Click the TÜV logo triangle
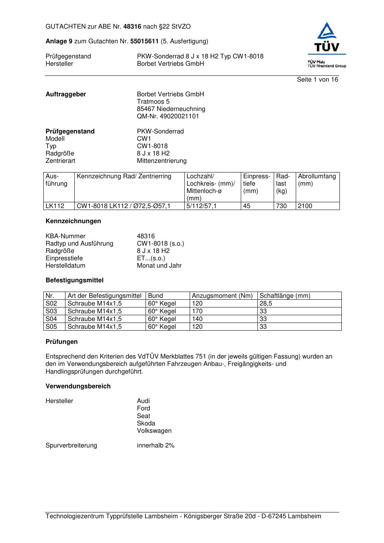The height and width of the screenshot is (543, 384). [x=327, y=32]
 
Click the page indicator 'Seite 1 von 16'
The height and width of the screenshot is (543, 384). [x=317, y=80]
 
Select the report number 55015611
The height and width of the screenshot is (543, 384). [x=144, y=41]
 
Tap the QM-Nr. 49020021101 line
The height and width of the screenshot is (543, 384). [x=168, y=116]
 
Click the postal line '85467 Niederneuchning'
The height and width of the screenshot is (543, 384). [x=171, y=109]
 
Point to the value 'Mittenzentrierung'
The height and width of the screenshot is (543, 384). [x=161, y=161]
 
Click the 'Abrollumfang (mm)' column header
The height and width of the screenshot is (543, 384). [x=317, y=180]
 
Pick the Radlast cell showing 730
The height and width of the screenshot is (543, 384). [x=281, y=206]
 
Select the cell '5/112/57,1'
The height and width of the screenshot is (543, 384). [x=202, y=206]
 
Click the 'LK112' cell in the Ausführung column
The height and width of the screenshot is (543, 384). [x=55, y=206]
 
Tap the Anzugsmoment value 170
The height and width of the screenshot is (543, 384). [x=197, y=311]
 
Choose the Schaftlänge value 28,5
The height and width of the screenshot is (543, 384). [x=266, y=304]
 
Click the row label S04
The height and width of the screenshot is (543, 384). [x=51, y=319]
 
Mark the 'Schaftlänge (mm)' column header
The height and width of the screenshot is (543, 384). [x=285, y=296]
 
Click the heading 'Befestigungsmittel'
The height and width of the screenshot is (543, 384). [x=74, y=280]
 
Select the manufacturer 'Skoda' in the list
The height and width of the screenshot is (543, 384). [x=146, y=423]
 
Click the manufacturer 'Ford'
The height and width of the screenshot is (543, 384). [x=143, y=408]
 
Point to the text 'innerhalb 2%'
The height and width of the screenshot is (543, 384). [x=156, y=446]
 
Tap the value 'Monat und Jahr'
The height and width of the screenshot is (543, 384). [x=159, y=266]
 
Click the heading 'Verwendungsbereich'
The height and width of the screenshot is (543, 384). [x=78, y=386]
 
